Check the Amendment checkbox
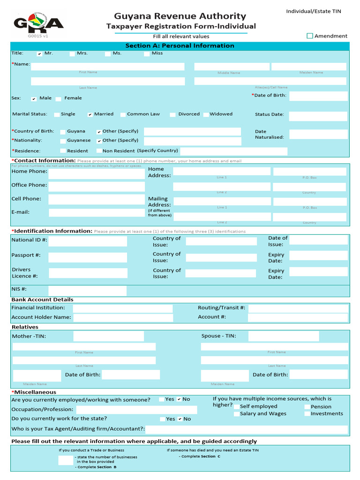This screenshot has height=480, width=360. pos(309,36)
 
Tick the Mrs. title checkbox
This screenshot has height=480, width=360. pos(72,53)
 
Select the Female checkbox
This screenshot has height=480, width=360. pos(59,98)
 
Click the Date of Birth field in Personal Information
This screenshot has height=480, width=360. pos(318,96)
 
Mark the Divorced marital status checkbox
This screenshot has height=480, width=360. pos(172,114)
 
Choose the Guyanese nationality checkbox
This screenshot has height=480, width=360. pos(63,141)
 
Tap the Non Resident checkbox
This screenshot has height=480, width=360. pos(98,151)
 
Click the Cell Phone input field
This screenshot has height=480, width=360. pos(97,199)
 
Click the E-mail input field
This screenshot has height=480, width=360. pos(97,212)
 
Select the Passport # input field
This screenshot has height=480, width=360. pos(88,257)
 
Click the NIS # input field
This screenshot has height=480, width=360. pos(87,291)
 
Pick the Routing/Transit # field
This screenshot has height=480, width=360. pos(298,308)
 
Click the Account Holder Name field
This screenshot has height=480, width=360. pos(122,317)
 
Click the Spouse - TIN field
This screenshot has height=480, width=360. pos(284,336)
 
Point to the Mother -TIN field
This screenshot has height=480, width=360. pos(102,336)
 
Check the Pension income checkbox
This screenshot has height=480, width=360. pos(307,407)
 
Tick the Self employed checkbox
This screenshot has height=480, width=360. pos(236,407)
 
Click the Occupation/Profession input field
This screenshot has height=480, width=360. pos(136,410)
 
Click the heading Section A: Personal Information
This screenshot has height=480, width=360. pos(180,46)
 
